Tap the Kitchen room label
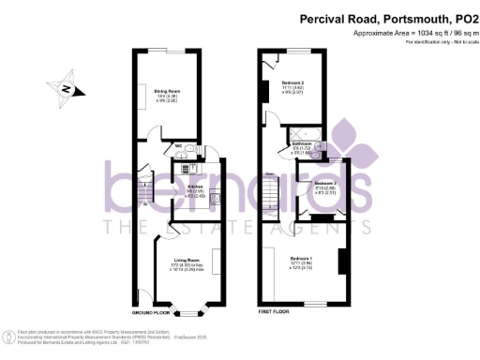click(x=195, y=187)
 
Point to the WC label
click(x=177, y=145)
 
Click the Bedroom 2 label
click(x=302, y=83)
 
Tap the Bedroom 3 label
click(x=325, y=183)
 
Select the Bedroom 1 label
click(x=302, y=258)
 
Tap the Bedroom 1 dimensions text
click(x=302, y=266)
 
